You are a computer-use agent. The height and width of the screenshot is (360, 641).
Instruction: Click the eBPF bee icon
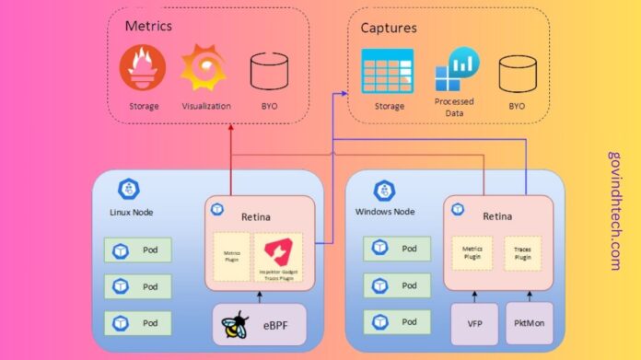pos(232,326)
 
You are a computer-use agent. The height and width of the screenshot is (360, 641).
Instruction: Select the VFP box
pos(473,324)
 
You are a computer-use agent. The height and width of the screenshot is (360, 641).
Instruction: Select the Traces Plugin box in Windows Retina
pos(522,250)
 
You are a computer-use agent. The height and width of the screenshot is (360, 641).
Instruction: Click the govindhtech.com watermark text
pos(614,211)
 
